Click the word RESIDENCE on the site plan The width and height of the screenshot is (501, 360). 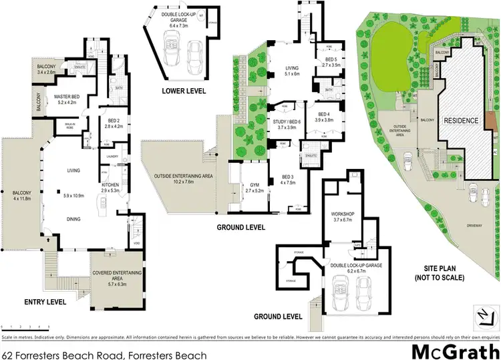click(x=461, y=121)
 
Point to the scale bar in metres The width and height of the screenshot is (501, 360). click(x=26, y=326)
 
